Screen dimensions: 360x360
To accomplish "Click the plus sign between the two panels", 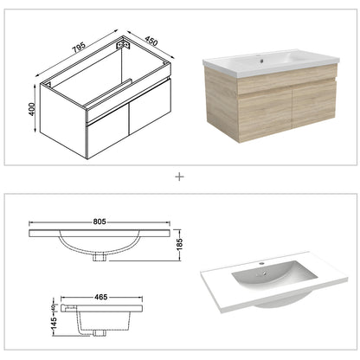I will pyautogui.click(x=180, y=176).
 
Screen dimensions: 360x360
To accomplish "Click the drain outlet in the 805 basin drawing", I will pyautogui.click(x=100, y=256).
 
